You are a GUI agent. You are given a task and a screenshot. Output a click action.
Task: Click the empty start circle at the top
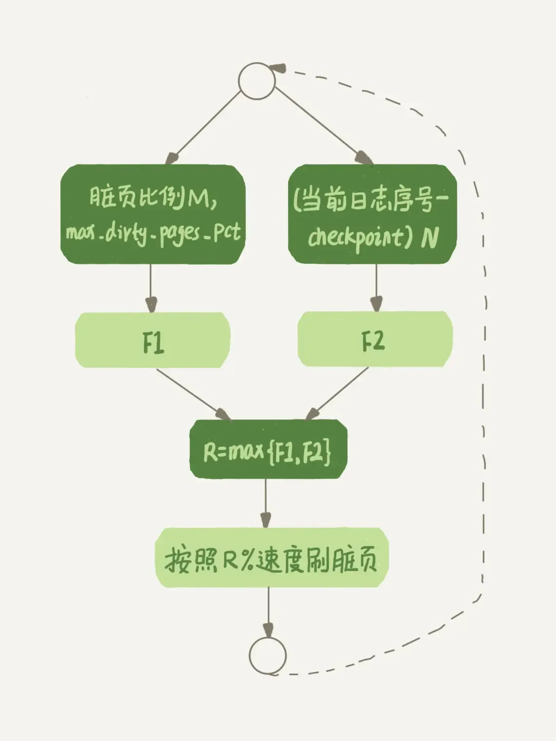tap(257, 81)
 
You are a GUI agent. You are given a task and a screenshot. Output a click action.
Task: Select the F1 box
tap(153, 340)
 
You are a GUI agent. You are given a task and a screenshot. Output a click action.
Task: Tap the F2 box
tap(375, 339)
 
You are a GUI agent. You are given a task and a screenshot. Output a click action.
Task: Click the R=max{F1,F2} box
tap(268, 449)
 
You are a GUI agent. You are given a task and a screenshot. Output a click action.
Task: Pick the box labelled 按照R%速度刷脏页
tap(271, 558)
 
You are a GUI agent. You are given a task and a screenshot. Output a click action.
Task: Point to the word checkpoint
tap(355, 237)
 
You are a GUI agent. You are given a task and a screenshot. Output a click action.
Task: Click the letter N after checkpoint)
tap(430, 237)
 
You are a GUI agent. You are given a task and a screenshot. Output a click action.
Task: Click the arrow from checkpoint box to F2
tap(376, 287)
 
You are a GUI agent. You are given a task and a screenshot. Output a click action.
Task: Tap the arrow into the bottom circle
tap(268, 611)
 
